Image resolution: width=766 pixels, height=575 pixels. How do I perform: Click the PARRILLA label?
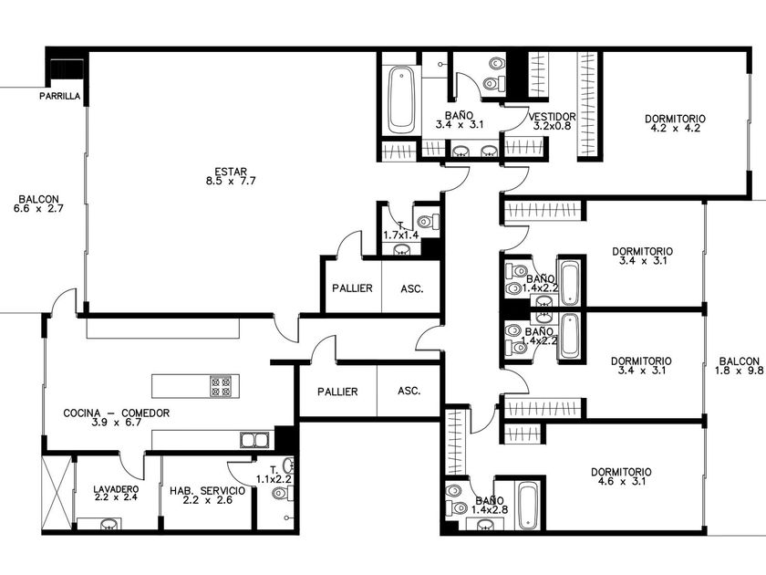coord(59,97)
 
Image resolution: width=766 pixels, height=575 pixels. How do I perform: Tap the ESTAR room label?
coord(231,172)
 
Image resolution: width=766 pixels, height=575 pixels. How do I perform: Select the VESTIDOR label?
coord(552,117)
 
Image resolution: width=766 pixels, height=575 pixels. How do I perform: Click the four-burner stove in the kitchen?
coord(221,386)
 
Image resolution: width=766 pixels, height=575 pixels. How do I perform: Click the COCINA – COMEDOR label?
coord(117,413)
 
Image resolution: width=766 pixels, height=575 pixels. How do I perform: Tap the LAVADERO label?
coord(116,489)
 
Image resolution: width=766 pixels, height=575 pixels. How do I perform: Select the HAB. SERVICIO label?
coord(208,490)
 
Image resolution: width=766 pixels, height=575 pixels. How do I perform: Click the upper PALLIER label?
coord(352,288)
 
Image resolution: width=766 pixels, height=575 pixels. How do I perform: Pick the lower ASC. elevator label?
coord(409,392)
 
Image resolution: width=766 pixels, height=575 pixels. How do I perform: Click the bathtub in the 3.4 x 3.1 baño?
coord(401,100)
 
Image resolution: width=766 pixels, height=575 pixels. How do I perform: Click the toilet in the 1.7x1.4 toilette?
coord(429,222)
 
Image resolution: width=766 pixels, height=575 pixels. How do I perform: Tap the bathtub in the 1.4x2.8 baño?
coord(528,507)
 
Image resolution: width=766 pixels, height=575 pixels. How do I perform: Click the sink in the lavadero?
coord(109,525)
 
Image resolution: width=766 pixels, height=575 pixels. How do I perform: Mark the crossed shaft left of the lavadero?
coord(57,493)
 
